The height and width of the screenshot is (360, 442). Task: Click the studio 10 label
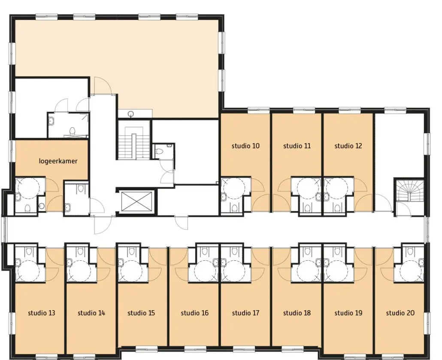pyautogui.click(x=245, y=146)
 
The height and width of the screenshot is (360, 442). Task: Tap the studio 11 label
pyautogui.click(x=297, y=146)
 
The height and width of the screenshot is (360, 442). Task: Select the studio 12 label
pyautogui.click(x=348, y=146)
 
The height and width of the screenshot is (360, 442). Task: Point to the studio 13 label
pyautogui.click(x=42, y=313)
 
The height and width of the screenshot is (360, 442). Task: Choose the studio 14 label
pyautogui.click(x=91, y=313)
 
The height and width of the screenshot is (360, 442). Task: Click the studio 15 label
pyautogui.click(x=141, y=313)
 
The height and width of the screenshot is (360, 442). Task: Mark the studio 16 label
pyautogui.click(x=195, y=313)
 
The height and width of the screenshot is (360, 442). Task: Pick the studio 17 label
pyautogui.click(x=245, y=313)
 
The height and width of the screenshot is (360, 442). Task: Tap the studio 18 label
pyautogui.click(x=297, y=313)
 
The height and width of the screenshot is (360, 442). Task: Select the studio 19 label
pyautogui.click(x=348, y=313)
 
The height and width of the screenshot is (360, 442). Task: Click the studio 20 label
pyautogui.click(x=400, y=313)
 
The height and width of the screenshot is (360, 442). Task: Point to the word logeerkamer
pyautogui.click(x=58, y=161)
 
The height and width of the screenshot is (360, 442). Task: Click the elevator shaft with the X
pyautogui.click(x=136, y=201)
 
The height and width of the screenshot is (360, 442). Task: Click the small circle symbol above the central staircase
pyautogui.click(x=131, y=114)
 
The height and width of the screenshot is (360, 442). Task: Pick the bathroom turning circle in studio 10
pyautogui.click(x=234, y=187)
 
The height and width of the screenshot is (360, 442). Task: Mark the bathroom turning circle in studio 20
pyautogui.click(x=411, y=270)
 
